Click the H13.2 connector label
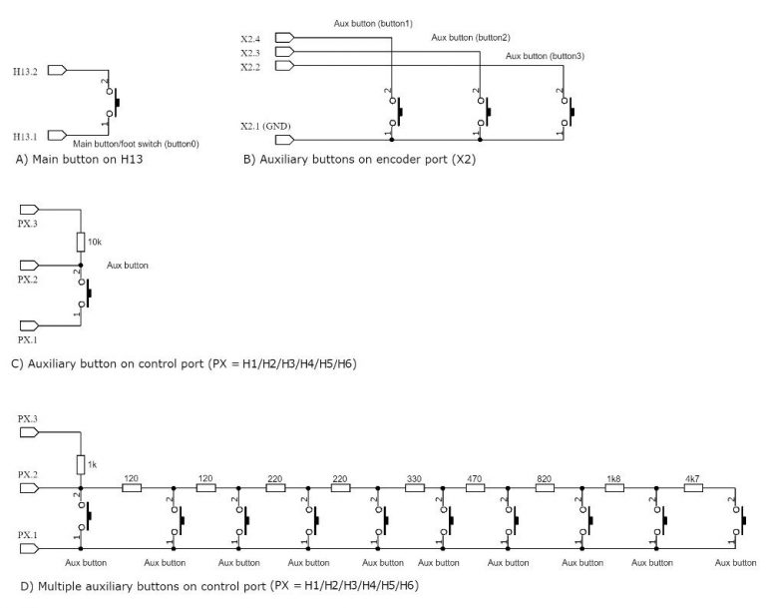[27, 72]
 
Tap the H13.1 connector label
[27, 135]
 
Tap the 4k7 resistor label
[692, 478]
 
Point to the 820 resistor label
[544, 478]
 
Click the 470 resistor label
[474, 478]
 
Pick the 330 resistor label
[414, 478]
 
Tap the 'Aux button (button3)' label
[545, 56]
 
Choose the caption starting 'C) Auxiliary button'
[184, 363]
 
